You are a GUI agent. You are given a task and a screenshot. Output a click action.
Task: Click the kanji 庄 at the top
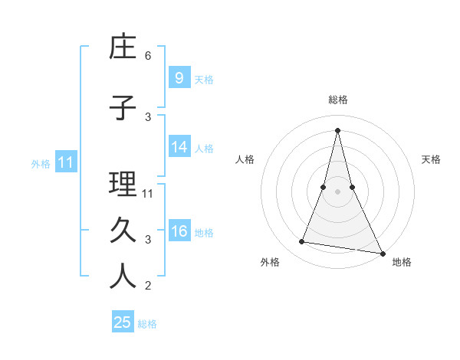(x=123, y=47)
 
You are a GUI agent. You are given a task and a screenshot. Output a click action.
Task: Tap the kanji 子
(x=123, y=108)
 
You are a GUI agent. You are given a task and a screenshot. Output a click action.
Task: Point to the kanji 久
(x=123, y=230)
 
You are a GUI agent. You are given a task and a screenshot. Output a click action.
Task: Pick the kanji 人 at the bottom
(x=123, y=277)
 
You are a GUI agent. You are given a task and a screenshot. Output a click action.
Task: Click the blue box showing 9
(x=179, y=77)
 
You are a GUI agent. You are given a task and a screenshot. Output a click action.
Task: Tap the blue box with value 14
(x=179, y=147)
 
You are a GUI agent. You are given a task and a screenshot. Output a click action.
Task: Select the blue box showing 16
(x=179, y=231)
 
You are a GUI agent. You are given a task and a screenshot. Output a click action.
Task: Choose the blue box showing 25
(x=123, y=322)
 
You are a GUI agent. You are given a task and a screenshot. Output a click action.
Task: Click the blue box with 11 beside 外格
(x=65, y=162)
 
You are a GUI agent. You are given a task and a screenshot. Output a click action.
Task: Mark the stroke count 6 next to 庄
(x=148, y=56)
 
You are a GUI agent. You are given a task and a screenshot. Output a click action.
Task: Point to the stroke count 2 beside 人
(x=148, y=286)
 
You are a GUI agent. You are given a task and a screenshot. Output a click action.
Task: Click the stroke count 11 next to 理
(x=148, y=193)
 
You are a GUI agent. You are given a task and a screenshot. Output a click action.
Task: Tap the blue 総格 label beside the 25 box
(x=147, y=324)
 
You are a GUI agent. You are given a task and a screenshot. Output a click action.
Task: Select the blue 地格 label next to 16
(x=204, y=233)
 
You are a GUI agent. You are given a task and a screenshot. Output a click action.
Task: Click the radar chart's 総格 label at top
(x=337, y=100)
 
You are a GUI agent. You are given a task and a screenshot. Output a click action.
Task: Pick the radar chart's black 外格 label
(x=270, y=262)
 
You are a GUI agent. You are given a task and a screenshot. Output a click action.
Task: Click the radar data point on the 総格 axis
(x=337, y=130)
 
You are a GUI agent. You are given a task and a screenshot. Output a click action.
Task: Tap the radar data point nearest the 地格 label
(x=382, y=253)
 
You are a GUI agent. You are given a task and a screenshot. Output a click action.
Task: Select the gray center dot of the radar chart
(x=337, y=191)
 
